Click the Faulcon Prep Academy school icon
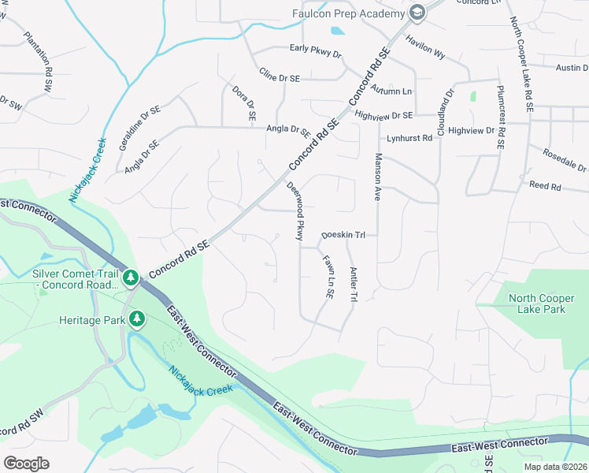[x=417, y=13]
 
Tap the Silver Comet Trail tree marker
[x=131, y=278]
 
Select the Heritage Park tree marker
[x=138, y=318]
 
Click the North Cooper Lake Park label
[x=543, y=304]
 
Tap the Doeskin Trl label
[x=344, y=235]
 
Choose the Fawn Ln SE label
[x=327, y=276]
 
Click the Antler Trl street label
[x=354, y=284]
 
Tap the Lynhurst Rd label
[x=409, y=138]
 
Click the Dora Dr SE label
[x=242, y=102]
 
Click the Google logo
[x=26, y=464]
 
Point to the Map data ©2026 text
[x=555, y=467]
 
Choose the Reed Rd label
[x=545, y=187]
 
